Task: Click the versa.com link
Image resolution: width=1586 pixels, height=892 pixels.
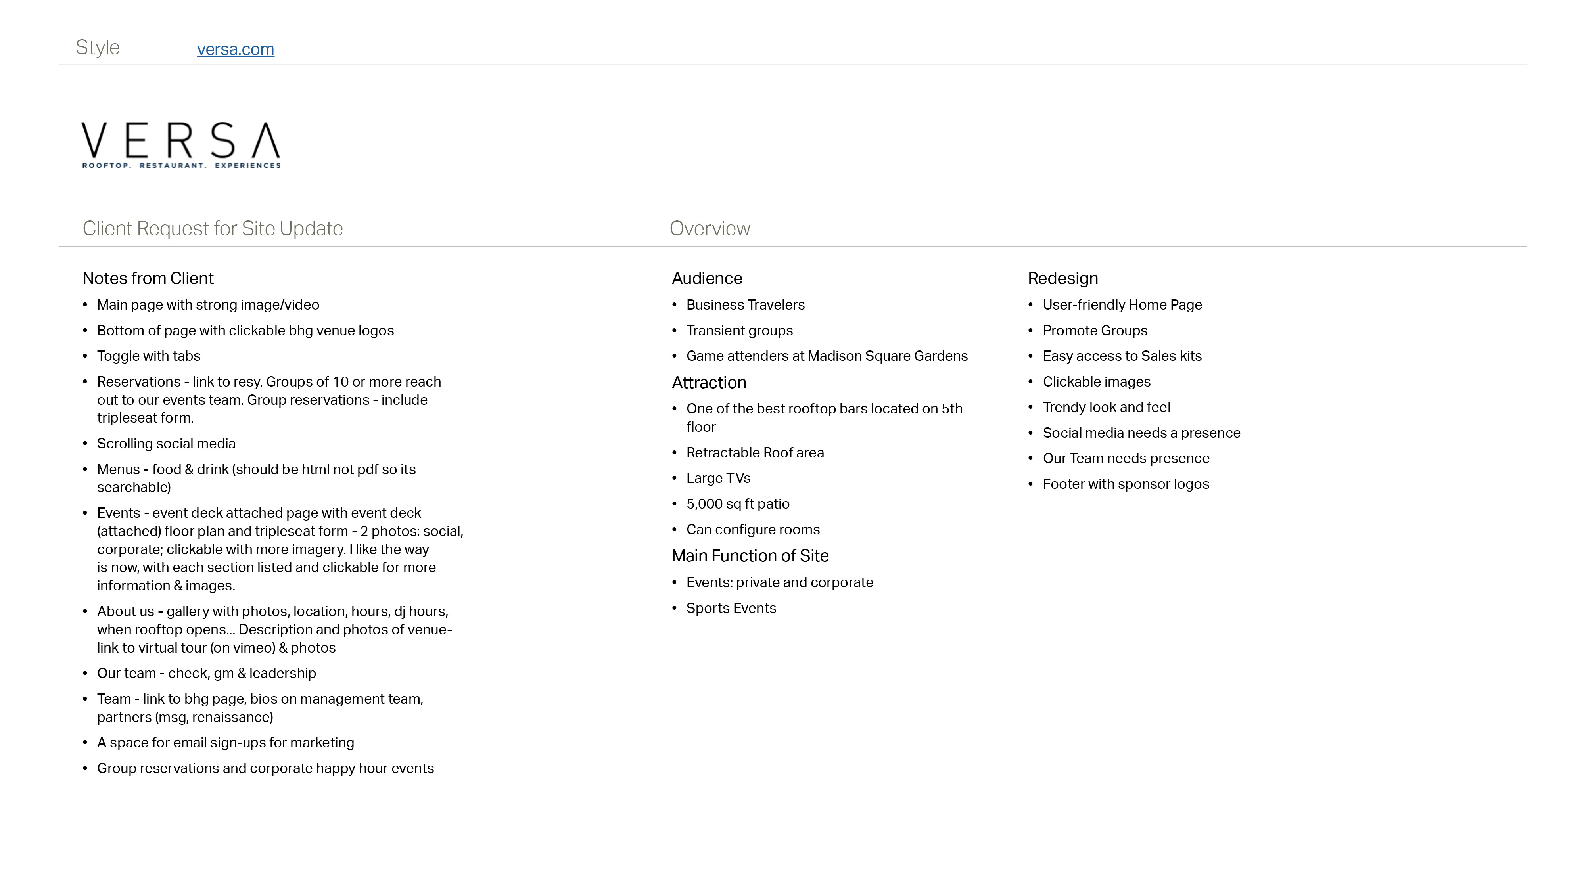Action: point(235,49)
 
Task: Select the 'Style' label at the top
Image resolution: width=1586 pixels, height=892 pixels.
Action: point(97,48)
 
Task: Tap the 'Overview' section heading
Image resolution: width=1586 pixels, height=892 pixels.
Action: point(709,228)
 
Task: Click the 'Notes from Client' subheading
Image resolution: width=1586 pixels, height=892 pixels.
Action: point(148,278)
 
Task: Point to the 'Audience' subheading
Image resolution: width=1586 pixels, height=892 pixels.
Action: point(707,278)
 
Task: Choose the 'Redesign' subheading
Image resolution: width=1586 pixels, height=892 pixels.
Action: point(1062,278)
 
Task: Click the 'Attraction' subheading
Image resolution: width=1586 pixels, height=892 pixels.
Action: point(709,382)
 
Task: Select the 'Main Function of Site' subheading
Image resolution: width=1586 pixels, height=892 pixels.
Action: point(750,556)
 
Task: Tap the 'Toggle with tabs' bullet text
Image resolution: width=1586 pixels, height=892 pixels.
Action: point(148,356)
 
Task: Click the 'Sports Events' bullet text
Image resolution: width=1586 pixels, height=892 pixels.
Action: point(731,608)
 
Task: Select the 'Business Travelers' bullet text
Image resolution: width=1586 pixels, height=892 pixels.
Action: point(745,305)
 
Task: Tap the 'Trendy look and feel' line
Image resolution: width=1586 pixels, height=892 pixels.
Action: point(1106,407)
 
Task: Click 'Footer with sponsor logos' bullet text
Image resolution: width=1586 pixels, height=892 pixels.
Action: point(1126,484)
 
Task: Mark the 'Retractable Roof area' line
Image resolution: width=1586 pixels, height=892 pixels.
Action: point(755,452)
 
